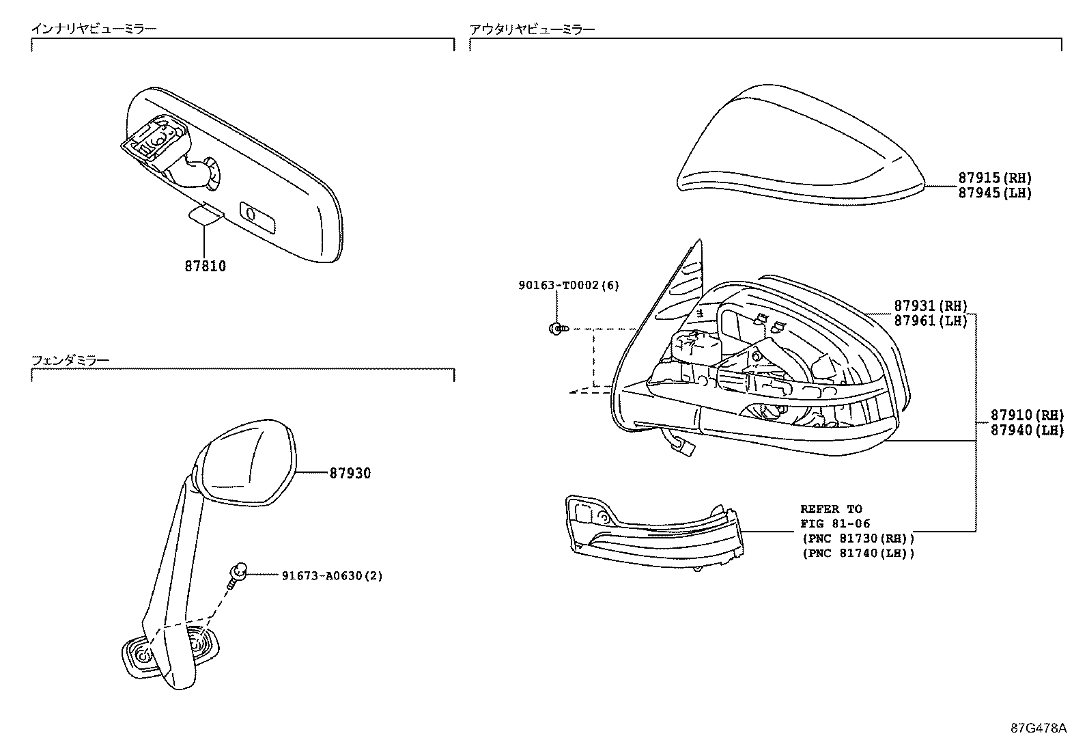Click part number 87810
pos(206,267)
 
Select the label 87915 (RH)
pos(995,178)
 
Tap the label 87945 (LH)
pos(995,193)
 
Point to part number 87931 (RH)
pos(931,305)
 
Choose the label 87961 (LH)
pos(931,320)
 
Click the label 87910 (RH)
pos(1028,415)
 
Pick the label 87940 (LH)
pos(1028,430)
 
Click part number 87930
pos(350,473)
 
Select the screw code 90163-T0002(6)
pos(569,285)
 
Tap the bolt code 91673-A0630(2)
pos(333,575)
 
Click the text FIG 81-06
pos(835,523)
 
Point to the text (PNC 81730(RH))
pos(858,538)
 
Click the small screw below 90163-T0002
pos(559,329)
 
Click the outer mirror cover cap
pos(801,146)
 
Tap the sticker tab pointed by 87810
pos(206,214)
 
